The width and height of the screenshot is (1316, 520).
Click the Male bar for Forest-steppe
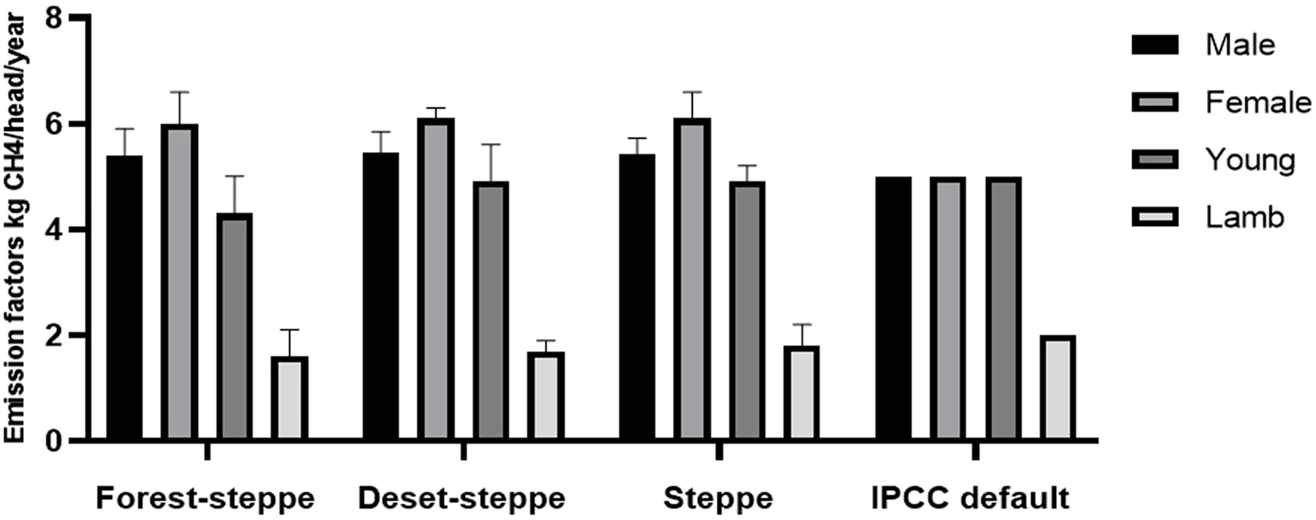click(x=124, y=297)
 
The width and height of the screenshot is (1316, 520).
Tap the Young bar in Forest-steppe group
click(x=235, y=327)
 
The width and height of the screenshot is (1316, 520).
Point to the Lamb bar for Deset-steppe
click(x=545, y=396)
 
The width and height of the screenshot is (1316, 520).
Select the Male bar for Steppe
click(x=636, y=297)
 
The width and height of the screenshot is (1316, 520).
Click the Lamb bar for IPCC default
click(x=1058, y=388)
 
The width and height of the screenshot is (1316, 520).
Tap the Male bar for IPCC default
click(x=893, y=309)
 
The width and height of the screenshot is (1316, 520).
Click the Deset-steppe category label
click(x=462, y=499)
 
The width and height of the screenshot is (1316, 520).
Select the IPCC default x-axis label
click(x=970, y=499)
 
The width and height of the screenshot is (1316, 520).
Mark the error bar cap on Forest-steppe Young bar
click(x=235, y=176)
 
